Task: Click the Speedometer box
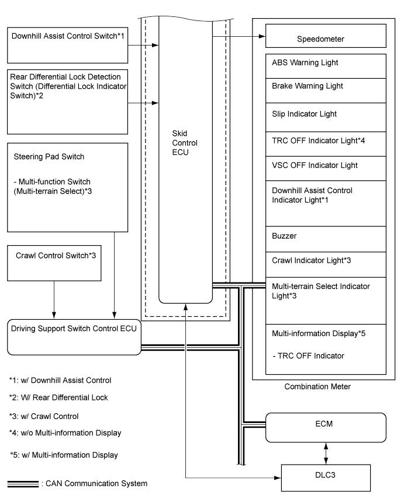pyautogui.click(x=326, y=39)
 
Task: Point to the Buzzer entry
pyautogui.click(x=284, y=238)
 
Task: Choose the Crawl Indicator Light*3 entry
pyautogui.click(x=306, y=261)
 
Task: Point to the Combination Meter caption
pyautogui.click(x=318, y=387)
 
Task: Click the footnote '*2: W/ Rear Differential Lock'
pyautogui.click(x=58, y=397)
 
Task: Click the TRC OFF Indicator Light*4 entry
pyautogui.click(x=310, y=140)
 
